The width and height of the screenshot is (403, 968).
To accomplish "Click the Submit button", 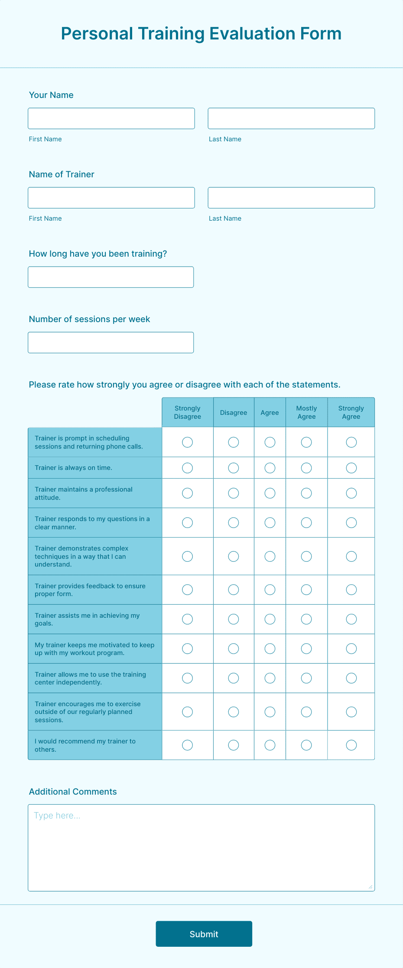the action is tap(204, 934).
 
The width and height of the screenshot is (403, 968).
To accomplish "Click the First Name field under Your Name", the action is tap(111, 118).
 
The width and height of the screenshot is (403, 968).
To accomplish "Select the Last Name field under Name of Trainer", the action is tap(291, 198).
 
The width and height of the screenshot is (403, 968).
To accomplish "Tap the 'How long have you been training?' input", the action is tap(111, 277).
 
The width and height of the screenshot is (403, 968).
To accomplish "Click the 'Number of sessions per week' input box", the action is tap(111, 342).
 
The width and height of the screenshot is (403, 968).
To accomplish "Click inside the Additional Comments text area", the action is tap(201, 848).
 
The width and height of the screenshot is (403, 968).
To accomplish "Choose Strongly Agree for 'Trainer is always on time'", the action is tap(351, 468).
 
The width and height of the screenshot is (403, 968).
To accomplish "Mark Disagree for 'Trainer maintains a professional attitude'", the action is tap(234, 493).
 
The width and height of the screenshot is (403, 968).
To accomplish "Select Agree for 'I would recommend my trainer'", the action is tap(270, 745).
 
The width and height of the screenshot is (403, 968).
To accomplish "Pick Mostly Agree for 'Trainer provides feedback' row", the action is tap(306, 590).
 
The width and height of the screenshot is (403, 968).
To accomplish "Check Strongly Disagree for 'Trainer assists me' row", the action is tap(188, 619).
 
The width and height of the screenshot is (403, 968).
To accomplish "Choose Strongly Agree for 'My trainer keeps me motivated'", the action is tap(351, 649).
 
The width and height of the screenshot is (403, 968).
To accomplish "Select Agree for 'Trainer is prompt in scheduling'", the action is tap(270, 442).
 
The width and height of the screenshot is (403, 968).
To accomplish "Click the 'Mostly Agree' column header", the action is tap(306, 412).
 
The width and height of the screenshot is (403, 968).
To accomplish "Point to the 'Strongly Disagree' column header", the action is tap(188, 412).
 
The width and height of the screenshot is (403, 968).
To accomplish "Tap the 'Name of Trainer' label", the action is tap(62, 174).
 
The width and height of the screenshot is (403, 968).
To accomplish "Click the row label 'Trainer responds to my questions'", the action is tap(92, 523).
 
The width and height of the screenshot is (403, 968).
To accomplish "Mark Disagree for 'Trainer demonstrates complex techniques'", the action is tap(234, 556).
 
